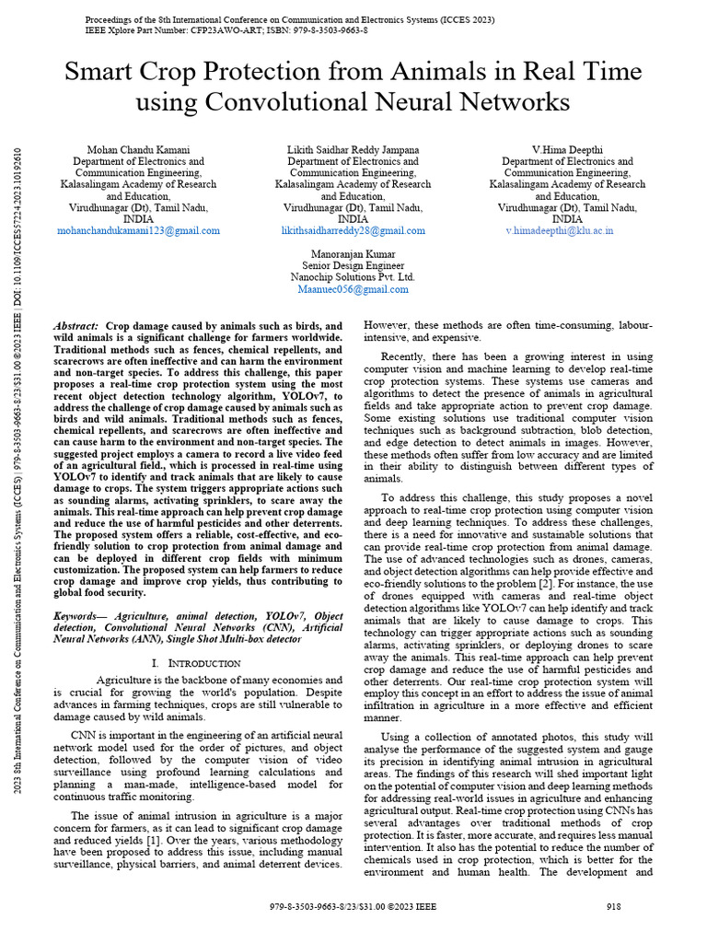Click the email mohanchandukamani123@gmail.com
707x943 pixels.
coord(139,231)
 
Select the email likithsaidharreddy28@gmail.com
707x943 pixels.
coord(353,231)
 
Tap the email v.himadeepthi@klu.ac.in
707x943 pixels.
coord(559,231)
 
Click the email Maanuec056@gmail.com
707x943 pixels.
coord(353,289)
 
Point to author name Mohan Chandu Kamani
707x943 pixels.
coord(139,149)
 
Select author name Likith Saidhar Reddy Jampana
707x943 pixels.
coord(353,149)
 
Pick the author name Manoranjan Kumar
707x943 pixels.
coord(353,253)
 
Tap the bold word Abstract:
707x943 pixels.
coord(76,327)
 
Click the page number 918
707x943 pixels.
coord(615,906)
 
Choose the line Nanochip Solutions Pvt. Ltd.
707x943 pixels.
coord(353,277)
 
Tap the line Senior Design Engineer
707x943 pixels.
coord(353,265)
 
